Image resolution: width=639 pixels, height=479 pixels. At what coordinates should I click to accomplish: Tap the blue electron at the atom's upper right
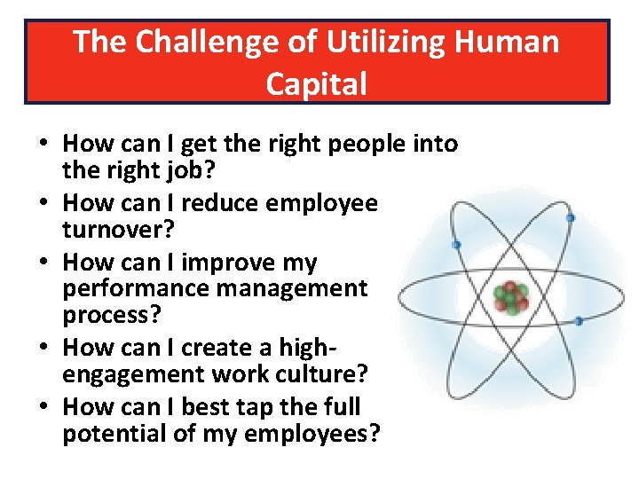[570, 217]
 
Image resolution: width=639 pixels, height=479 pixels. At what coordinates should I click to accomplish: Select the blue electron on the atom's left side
[456, 245]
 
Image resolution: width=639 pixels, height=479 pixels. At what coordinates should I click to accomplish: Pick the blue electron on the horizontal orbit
[579, 320]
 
